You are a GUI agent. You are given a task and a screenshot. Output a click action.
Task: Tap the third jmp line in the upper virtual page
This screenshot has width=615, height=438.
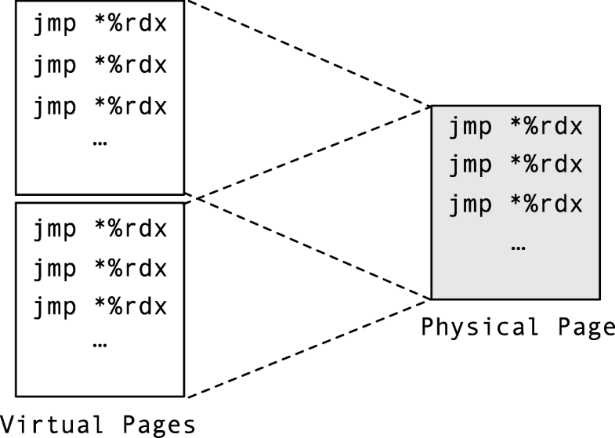tap(99, 106)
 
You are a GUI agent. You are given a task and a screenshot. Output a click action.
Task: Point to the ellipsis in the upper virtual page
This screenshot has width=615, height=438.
tap(99, 143)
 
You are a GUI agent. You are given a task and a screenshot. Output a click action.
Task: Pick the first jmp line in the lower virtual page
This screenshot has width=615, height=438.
tap(99, 230)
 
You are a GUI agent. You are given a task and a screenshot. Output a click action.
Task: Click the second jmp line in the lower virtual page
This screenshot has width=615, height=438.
tap(99, 269)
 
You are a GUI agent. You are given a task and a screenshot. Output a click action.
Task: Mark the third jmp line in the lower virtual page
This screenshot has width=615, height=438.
tap(99, 306)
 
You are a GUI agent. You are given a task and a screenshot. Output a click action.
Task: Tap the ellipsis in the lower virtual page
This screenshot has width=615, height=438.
tap(99, 344)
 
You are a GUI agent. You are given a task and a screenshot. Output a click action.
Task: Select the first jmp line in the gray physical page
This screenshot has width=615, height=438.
tap(516, 127)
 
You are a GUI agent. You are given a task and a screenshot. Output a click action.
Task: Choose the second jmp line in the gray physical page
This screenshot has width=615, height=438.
tap(516, 165)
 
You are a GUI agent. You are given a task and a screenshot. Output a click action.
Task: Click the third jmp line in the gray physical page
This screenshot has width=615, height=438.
tap(516, 205)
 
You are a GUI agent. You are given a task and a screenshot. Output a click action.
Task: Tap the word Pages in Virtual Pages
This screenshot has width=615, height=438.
tap(157, 425)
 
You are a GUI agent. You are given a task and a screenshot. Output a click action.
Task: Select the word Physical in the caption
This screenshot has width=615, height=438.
tap(479, 327)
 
